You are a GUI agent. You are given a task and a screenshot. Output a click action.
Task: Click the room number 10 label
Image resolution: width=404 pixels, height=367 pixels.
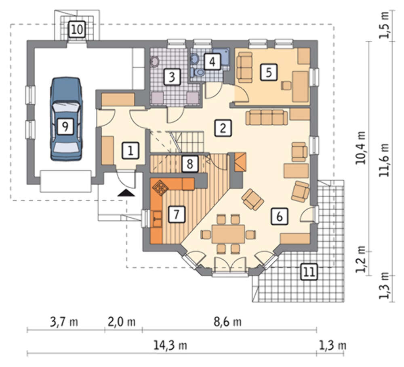coord(77,29)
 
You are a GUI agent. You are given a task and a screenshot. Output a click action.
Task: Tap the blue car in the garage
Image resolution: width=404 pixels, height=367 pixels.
coord(66,119)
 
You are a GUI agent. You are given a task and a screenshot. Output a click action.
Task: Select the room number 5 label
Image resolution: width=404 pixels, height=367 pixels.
coord(269,72)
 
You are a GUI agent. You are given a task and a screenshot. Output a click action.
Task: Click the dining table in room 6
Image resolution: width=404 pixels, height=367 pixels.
coord(228,234)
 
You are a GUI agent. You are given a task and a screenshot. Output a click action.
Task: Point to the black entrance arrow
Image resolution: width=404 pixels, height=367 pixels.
coord(126,193)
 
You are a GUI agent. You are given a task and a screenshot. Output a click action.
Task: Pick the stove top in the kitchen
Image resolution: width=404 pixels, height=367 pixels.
coord(160,187)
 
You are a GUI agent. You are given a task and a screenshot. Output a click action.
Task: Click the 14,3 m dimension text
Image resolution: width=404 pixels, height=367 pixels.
coord(170,345)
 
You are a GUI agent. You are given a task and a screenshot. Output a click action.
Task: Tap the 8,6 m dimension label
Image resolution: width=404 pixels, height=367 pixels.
coord(228,321)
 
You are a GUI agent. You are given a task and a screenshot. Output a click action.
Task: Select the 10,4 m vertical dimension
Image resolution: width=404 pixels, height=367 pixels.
coord(360,148)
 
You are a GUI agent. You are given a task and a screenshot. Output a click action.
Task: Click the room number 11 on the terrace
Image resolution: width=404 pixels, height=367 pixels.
coord(309,272)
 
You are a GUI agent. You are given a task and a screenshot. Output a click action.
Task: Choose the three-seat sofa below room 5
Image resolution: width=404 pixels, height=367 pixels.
coord(267,117)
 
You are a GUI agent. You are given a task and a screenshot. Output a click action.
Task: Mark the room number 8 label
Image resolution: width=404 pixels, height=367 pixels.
coord(190,164)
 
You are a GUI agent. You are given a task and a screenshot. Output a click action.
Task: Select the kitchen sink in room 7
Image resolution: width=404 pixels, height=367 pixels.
coord(157,219)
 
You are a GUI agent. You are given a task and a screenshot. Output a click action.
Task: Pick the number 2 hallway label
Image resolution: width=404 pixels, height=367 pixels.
coord(223,128)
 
